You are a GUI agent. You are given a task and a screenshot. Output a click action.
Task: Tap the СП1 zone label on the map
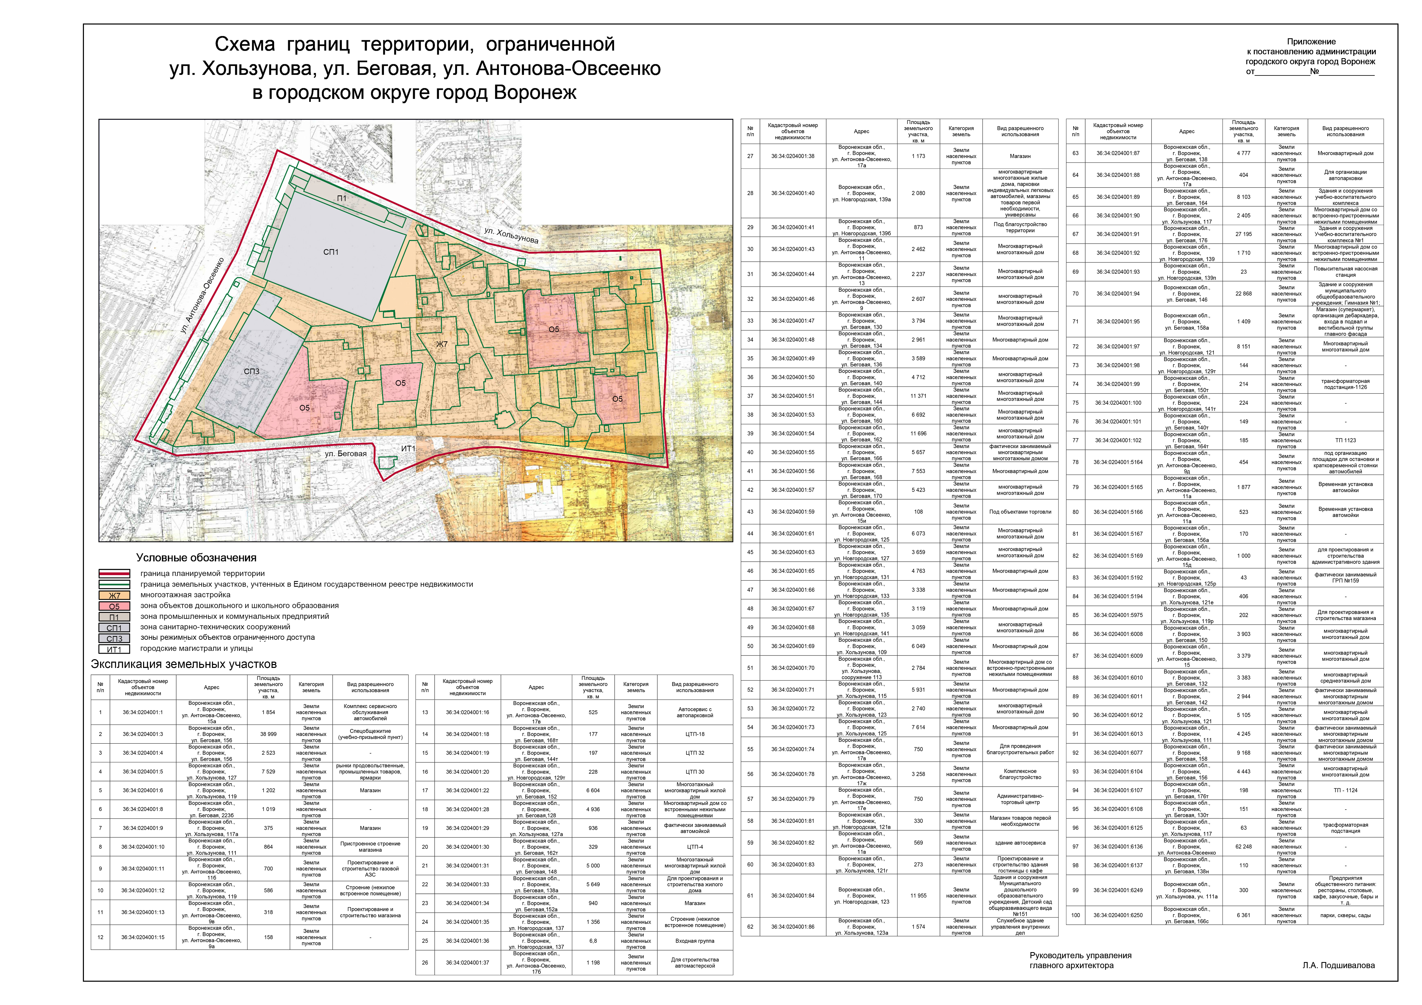click(x=331, y=252)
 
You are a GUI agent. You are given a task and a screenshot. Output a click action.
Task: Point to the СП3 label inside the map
click(x=252, y=372)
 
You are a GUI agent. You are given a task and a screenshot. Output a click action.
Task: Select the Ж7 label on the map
click(x=441, y=344)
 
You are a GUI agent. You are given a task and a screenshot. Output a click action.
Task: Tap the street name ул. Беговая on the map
click(x=346, y=454)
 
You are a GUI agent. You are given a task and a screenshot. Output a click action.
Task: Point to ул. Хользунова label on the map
click(x=511, y=235)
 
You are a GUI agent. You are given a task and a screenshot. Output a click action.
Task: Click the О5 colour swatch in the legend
click(x=115, y=606)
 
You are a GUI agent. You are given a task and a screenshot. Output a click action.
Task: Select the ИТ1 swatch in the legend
click(x=115, y=649)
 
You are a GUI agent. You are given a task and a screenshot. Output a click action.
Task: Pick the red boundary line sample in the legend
click(x=115, y=573)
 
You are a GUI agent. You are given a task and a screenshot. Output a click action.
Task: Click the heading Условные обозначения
click(x=196, y=558)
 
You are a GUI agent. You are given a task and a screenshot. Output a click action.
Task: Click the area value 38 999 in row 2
click(x=268, y=734)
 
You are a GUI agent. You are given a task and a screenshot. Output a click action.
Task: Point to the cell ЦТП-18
click(x=695, y=734)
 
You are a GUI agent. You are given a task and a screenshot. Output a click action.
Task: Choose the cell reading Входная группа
click(x=695, y=941)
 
